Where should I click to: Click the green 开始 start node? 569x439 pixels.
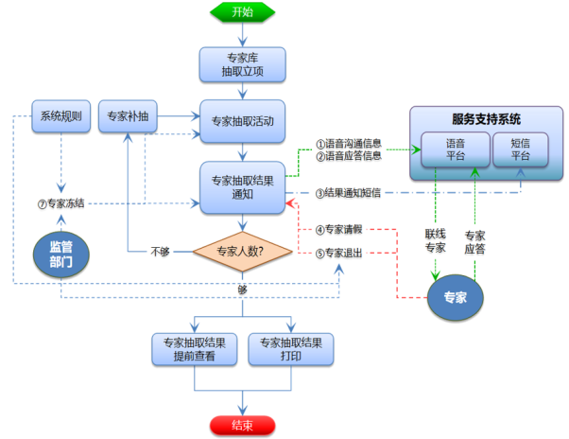click(x=242, y=12)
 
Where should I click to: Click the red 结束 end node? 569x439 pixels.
click(x=242, y=425)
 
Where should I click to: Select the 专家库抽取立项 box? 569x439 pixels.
click(x=242, y=64)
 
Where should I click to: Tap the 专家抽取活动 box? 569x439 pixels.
click(x=242, y=121)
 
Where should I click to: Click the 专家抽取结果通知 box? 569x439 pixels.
click(x=242, y=187)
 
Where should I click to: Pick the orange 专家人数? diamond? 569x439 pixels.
click(x=242, y=252)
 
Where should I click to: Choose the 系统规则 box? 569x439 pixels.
click(x=60, y=116)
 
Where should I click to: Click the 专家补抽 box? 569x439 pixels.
click(x=128, y=116)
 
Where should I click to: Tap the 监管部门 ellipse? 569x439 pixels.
click(x=60, y=255)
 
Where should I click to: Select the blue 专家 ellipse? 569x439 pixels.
click(x=456, y=297)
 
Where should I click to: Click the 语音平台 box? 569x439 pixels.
click(x=456, y=149)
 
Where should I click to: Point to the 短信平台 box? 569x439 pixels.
click(x=521, y=149)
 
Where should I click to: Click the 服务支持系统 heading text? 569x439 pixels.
click(x=486, y=119)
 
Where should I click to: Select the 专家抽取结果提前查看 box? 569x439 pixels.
click(x=195, y=349)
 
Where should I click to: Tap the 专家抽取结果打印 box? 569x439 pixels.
click(x=291, y=349)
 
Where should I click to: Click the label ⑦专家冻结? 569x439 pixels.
click(x=60, y=203)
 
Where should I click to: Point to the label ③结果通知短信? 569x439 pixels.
click(x=348, y=193)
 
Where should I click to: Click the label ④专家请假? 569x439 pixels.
click(x=338, y=230)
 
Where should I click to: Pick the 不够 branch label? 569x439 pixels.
click(x=160, y=252)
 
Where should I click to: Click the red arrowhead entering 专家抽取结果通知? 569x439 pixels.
click(x=289, y=203)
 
